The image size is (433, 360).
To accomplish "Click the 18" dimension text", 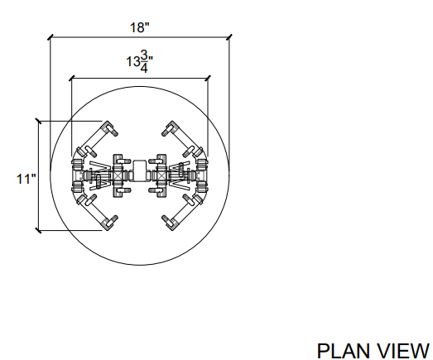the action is click(x=140, y=27).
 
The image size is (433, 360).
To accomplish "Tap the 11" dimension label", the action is click(x=26, y=179).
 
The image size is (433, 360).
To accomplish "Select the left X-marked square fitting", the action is click(x=118, y=175).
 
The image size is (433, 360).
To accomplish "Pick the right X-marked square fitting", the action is click(x=161, y=175).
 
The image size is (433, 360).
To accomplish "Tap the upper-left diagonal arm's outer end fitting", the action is click(x=110, y=128).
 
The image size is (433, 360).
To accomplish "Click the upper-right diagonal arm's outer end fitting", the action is click(x=170, y=128).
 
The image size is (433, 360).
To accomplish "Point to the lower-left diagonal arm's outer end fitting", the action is click(x=110, y=223).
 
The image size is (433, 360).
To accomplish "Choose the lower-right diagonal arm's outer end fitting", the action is click(x=170, y=223).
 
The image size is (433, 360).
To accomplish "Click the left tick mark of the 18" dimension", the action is click(x=51, y=37).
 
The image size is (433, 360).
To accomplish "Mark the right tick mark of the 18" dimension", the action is click(x=229, y=37).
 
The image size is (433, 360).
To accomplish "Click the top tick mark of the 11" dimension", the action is click(x=38, y=121).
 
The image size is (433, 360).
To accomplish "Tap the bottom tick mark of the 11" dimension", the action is click(x=38, y=231).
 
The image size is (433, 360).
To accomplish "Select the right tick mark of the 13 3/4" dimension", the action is click(x=208, y=78).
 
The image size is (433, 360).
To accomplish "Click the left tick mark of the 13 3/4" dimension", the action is click(x=72, y=78).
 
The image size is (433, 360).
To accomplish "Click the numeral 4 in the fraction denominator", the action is click(x=144, y=69).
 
